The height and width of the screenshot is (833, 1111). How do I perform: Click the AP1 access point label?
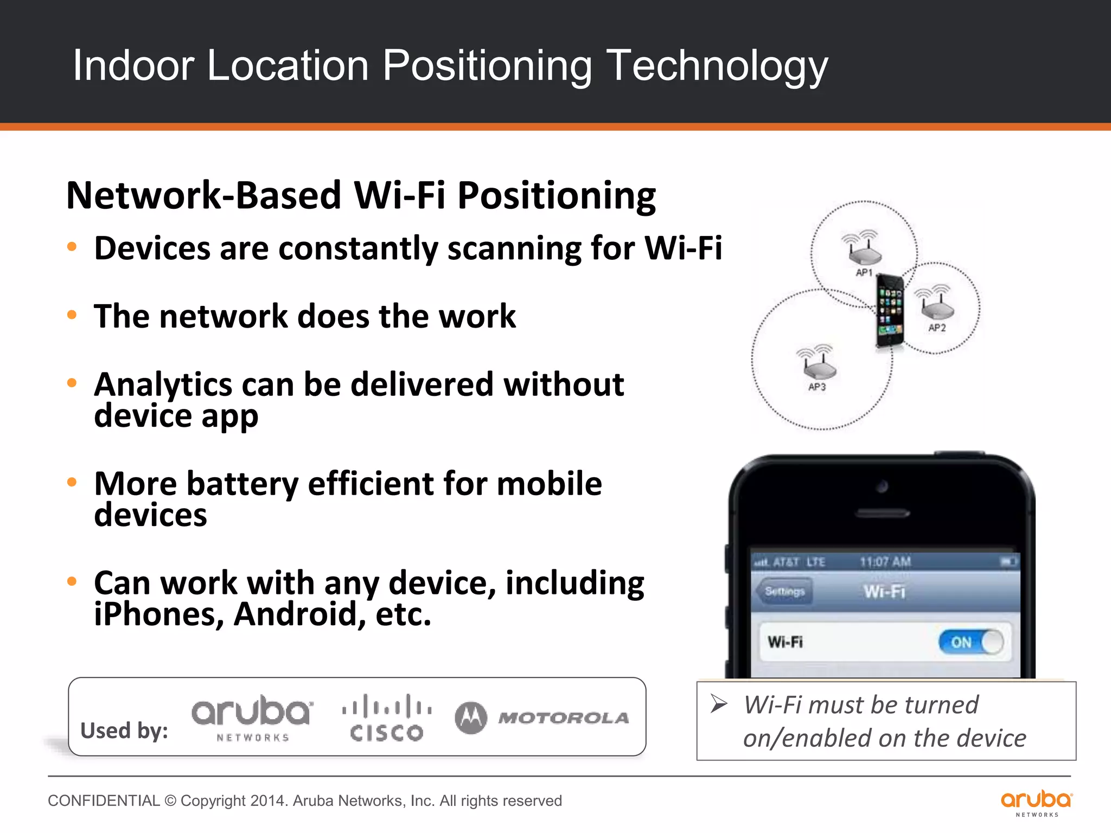click(x=864, y=272)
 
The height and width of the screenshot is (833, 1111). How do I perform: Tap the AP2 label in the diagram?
click(x=937, y=328)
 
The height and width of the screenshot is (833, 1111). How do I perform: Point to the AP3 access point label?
click(x=817, y=387)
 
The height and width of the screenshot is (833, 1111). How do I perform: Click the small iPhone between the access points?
click(x=890, y=311)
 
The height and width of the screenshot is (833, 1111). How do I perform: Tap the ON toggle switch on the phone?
click(x=971, y=642)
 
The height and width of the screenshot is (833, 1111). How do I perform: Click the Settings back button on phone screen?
click(x=784, y=591)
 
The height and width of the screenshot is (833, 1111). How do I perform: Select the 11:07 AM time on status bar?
click(x=885, y=562)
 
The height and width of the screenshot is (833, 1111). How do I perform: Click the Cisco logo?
click(x=386, y=717)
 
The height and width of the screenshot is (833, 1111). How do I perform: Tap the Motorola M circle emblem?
click(x=471, y=717)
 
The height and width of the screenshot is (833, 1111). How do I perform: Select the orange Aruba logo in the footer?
click(x=1037, y=803)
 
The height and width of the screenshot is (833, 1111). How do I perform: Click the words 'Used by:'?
click(x=124, y=731)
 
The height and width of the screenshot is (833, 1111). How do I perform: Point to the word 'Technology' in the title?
click(x=717, y=66)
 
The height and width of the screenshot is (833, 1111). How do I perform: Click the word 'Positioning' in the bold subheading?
click(x=557, y=195)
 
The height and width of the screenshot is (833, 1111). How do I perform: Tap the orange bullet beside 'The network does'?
click(x=72, y=315)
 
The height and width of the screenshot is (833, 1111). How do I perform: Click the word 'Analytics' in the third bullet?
click(x=163, y=385)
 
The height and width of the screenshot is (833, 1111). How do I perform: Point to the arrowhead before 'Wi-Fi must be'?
click(x=719, y=704)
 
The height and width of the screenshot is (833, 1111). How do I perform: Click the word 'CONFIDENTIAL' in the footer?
click(x=104, y=800)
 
